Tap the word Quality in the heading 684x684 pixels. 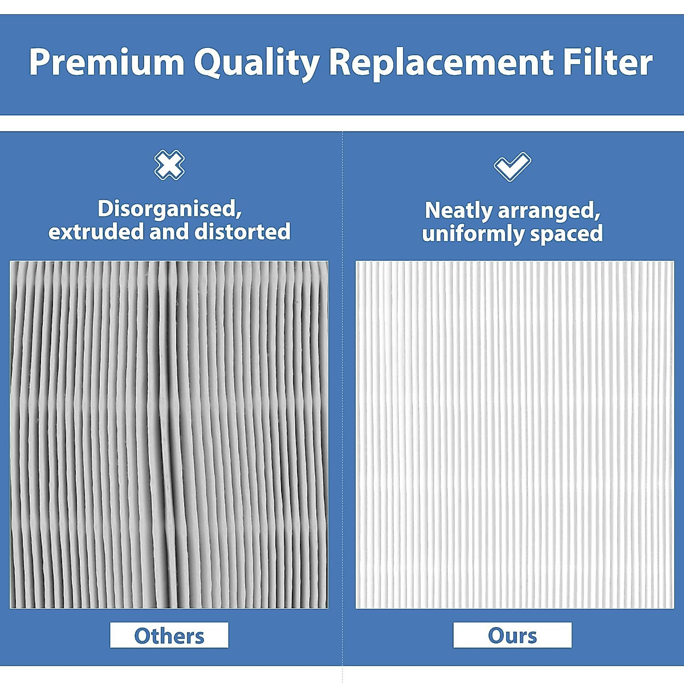click(x=256, y=63)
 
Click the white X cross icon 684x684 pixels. click(x=169, y=165)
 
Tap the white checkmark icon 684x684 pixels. click(x=512, y=166)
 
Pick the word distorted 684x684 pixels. click(x=242, y=232)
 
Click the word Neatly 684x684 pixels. click(x=459, y=211)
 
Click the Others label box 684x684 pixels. click(x=169, y=635)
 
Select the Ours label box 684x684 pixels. click(x=512, y=635)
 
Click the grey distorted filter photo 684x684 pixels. click(x=169, y=434)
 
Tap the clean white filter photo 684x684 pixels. click(x=515, y=434)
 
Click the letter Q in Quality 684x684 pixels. click(x=208, y=63)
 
